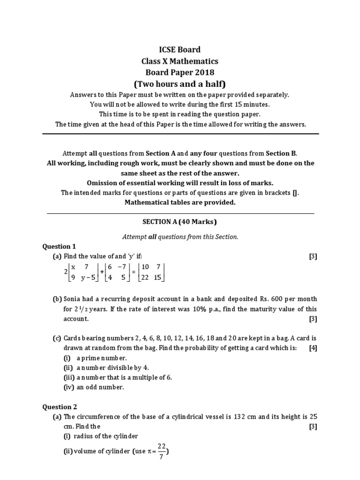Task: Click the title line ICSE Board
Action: (x=180, y=49)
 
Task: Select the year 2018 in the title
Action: (x=204, y=73)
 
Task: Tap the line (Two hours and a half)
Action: (x=180, y=84)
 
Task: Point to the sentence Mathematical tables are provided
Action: (x=180, y=202)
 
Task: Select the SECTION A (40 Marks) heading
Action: (x=180, y=222)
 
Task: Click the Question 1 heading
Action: (x=59, y=246)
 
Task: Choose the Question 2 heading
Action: (x=60, y=406)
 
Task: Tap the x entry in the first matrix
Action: (x=73, y=267)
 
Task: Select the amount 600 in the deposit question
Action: (x=280, y=299)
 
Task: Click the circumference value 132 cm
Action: (x=244, y=416)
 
